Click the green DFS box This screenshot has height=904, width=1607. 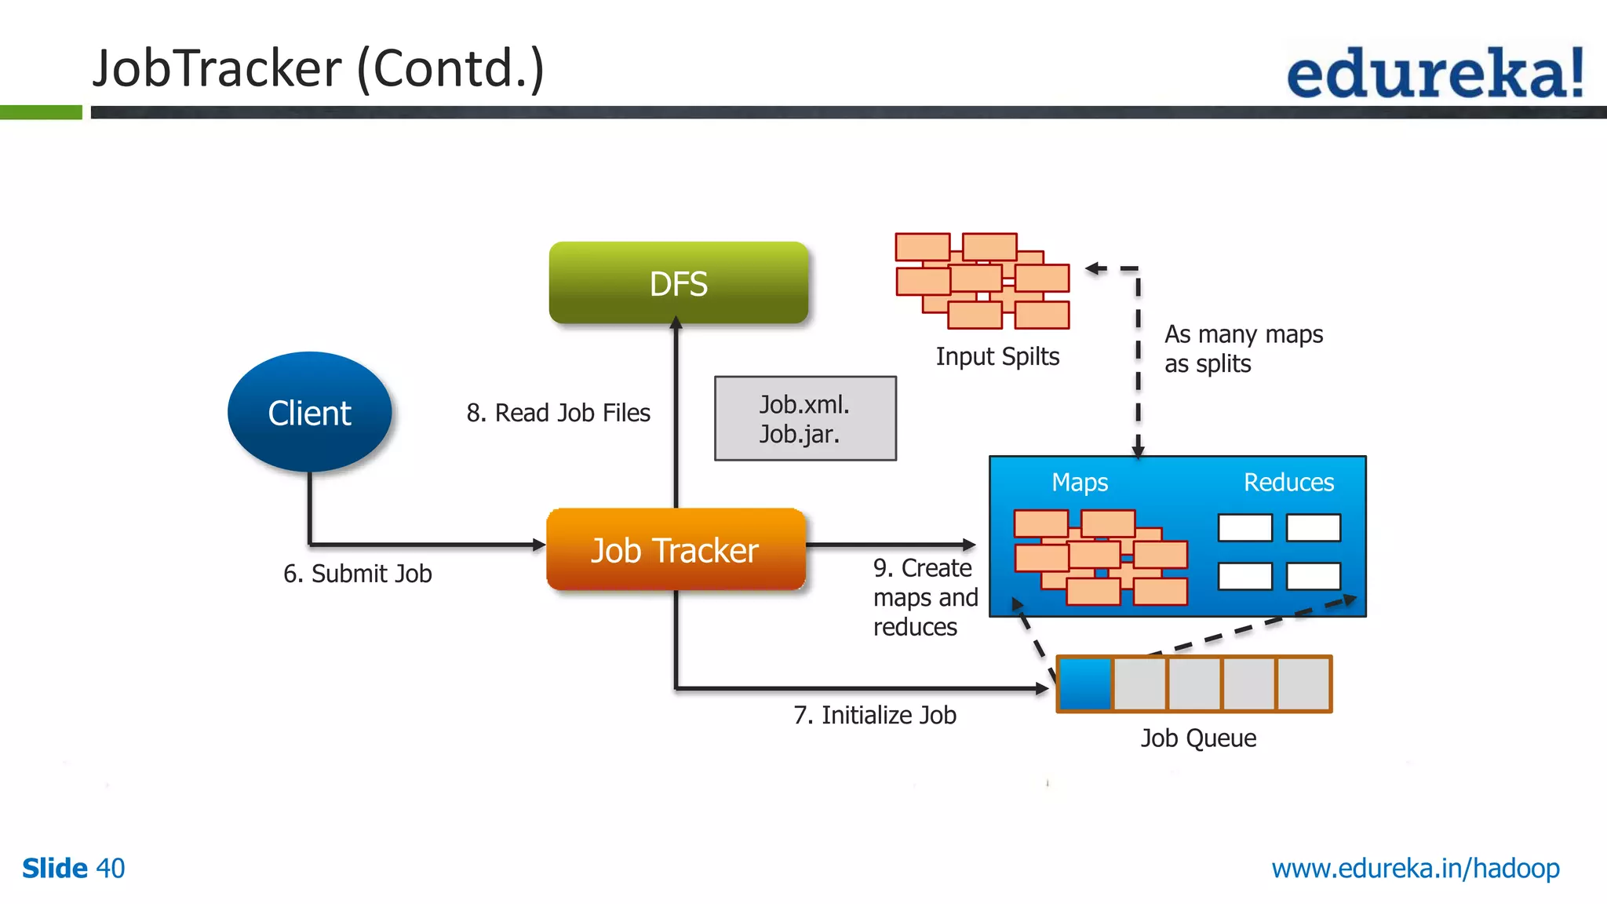(678, 282)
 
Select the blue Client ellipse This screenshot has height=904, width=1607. (309, 412)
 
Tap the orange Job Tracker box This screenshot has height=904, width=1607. (676, 550)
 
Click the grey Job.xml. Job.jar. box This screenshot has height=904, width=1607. (805, 418)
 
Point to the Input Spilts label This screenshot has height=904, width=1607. (997, 356)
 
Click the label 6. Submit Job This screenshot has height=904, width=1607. (357, 574)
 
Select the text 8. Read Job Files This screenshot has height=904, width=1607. (558, 413)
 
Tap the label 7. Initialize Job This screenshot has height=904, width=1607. (874, 715)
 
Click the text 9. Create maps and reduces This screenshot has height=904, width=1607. (925, 597)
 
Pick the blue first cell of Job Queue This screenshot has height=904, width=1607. (1085, 683)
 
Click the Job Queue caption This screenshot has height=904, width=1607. (1198, 738)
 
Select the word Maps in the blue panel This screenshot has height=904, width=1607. (1080, 482)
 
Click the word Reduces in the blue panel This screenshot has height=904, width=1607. (1288, 482)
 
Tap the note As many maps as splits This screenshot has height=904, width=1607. (1243, 348)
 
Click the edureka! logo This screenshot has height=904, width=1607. (1435, 73)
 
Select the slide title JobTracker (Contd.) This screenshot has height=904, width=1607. (318, 68)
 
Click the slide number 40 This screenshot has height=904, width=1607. (110, 868)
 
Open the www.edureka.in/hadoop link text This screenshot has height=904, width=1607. (1415, 868)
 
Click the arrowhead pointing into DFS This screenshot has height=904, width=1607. (676, 322)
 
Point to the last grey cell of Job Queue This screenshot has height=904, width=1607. (1303, 683)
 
